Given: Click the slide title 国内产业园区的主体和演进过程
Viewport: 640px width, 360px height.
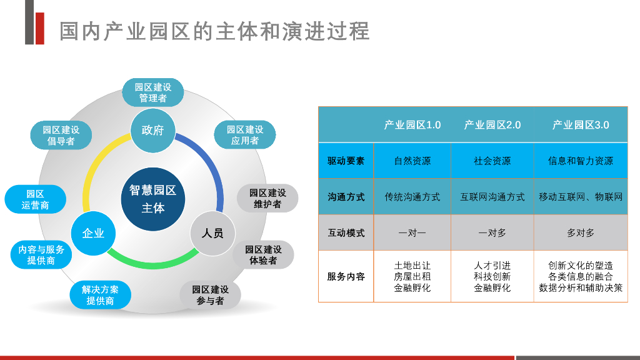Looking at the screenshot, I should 214,30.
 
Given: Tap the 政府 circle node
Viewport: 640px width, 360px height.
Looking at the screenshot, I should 152,131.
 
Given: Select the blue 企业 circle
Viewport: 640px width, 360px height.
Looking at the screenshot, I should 93,233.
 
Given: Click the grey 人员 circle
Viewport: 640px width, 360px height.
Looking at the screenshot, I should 212,233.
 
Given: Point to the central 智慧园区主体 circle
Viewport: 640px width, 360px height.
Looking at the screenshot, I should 152,199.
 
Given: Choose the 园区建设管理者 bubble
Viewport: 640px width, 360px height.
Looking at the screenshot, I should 152,92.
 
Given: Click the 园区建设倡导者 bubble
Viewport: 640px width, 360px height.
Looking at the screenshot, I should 61,136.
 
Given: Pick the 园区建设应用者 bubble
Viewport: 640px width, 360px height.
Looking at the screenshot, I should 244,135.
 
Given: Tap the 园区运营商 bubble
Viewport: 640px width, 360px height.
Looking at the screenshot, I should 35,199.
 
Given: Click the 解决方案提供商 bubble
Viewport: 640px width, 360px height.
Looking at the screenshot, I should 100,295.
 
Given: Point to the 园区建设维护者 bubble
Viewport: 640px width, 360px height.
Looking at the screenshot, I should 267,198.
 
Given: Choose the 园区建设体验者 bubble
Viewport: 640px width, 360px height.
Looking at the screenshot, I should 263,255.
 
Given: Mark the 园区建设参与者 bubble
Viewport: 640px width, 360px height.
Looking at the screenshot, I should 211,295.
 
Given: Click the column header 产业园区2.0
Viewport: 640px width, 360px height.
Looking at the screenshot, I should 492,125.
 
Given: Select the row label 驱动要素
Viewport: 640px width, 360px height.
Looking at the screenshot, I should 346,161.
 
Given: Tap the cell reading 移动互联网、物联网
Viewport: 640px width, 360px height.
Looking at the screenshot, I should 581,197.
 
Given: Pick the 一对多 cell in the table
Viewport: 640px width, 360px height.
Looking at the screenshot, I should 492,232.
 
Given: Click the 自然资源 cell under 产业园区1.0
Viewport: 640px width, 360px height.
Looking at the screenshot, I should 412,161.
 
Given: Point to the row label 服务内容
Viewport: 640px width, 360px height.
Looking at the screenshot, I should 346,276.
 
